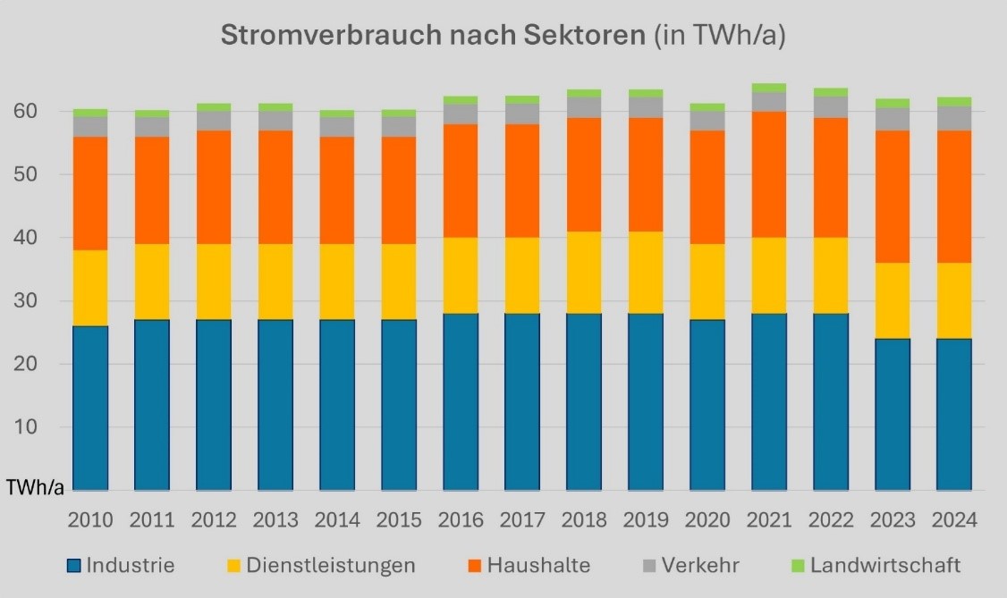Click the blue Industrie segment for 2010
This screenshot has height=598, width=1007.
(90, 408)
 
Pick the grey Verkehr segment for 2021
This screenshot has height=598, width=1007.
(769, 102)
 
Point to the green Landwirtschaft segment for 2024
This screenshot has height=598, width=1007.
(954, 102)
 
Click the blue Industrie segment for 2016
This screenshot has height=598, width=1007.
(461, 401)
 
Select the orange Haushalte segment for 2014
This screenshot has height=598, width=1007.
(337, 190)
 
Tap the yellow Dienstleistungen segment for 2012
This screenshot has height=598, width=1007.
(214, 282)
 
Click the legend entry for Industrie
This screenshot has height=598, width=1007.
(121, 566)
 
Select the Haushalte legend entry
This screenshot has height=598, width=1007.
(528, 566)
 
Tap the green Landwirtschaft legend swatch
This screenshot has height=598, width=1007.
(799, 566)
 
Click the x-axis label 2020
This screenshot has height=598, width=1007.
(707, 519)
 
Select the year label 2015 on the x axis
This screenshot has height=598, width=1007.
(399, 519)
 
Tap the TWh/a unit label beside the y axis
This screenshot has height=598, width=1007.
(35, 487)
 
